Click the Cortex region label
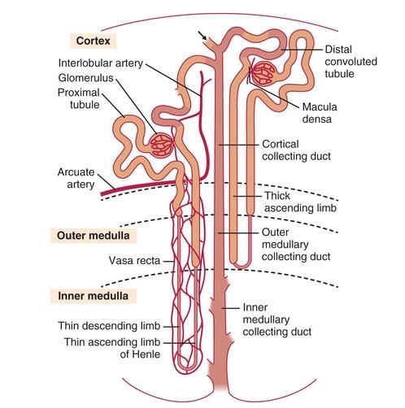click(x=94, y=41)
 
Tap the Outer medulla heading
click(x=94, y=236)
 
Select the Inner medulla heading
click(x=94, y=296)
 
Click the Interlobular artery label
click(x=101, y=63)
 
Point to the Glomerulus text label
click(x=85, y=78)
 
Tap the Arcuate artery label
click(x=76, y=178)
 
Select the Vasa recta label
click(x=134, y=260)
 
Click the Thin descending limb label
click(x=109, y=326)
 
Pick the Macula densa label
click(x=320, y=113)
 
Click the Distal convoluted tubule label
click(x=351, y=62)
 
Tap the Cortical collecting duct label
click(x=296, y=150)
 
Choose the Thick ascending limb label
click(x=300, y=202)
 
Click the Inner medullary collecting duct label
click(x=277, y=319)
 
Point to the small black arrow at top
click(x=202, y=36)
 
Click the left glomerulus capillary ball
click(x=162, y=145)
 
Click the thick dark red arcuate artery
click(x=139, y=188)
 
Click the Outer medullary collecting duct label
click(x=296, y=245)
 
